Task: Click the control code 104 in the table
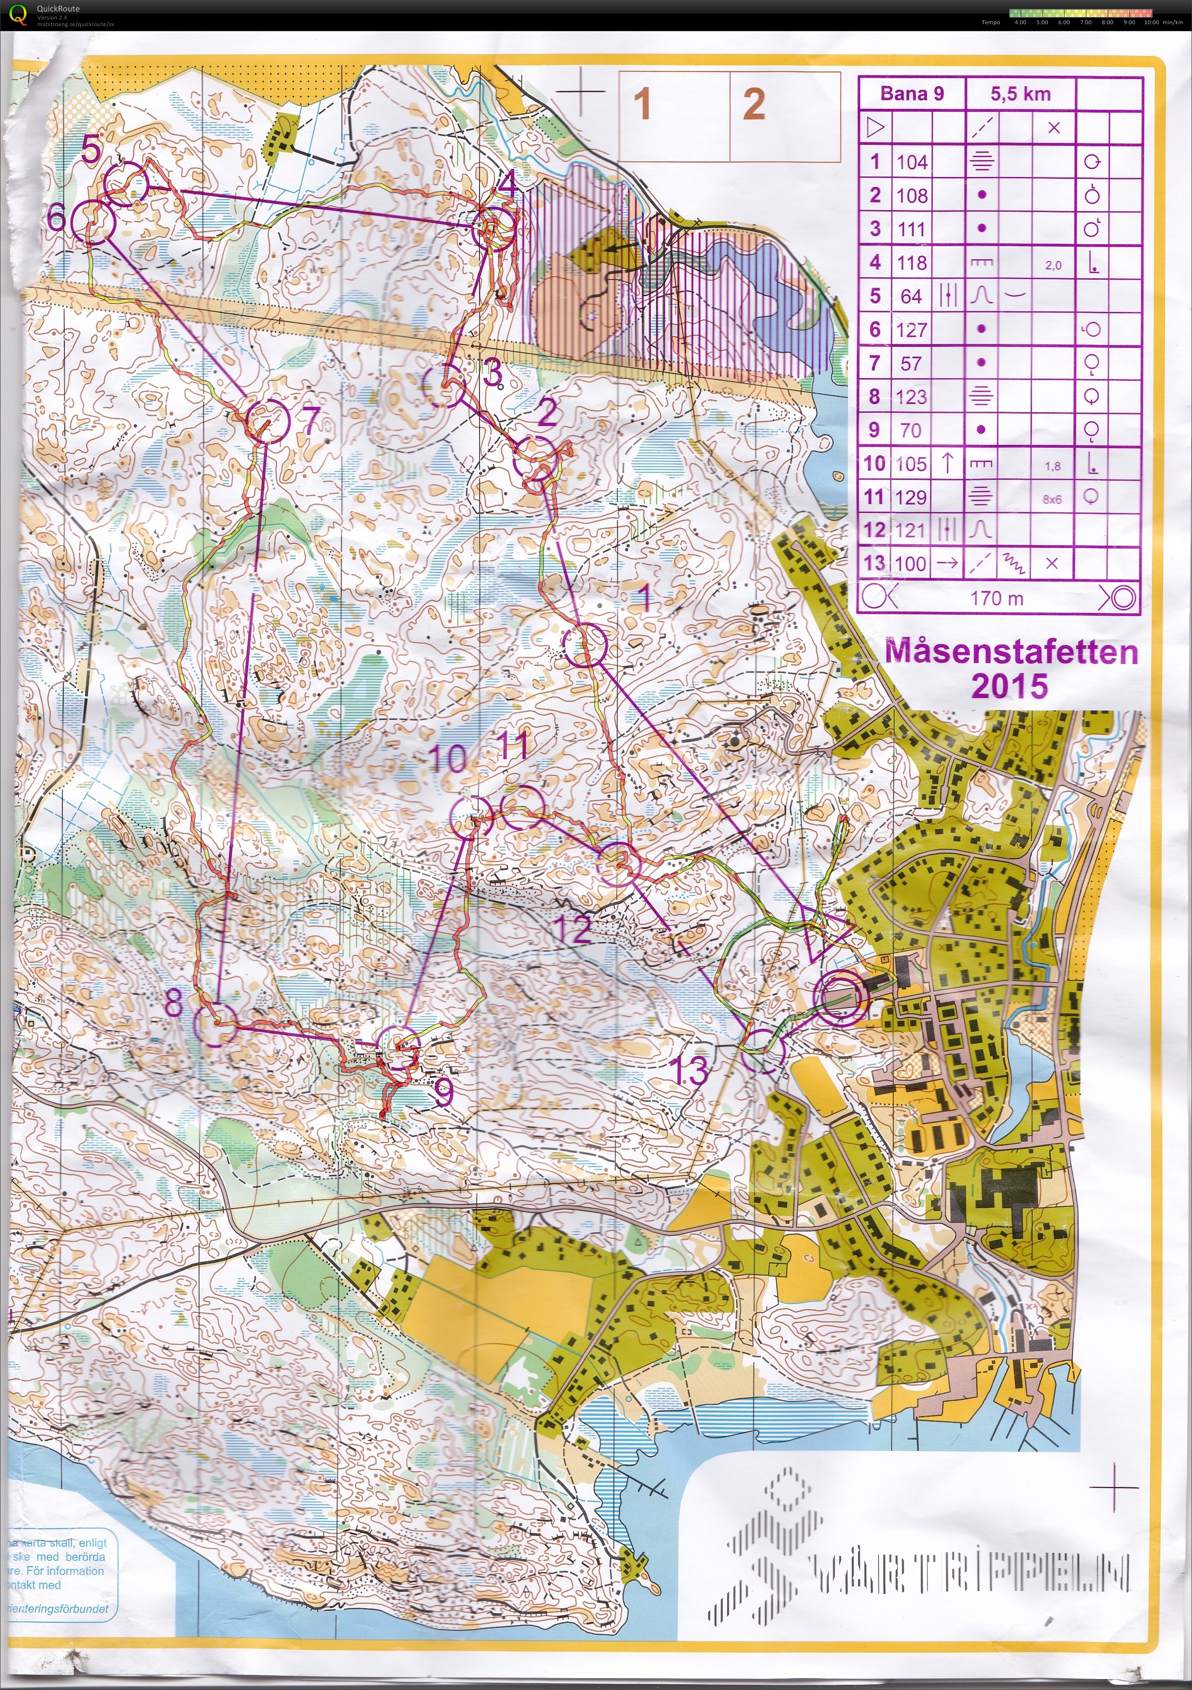tap(911, 162)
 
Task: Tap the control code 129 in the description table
tap(911, 497)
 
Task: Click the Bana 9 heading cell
tap(911, 94)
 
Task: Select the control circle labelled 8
tap(215, 1025)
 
